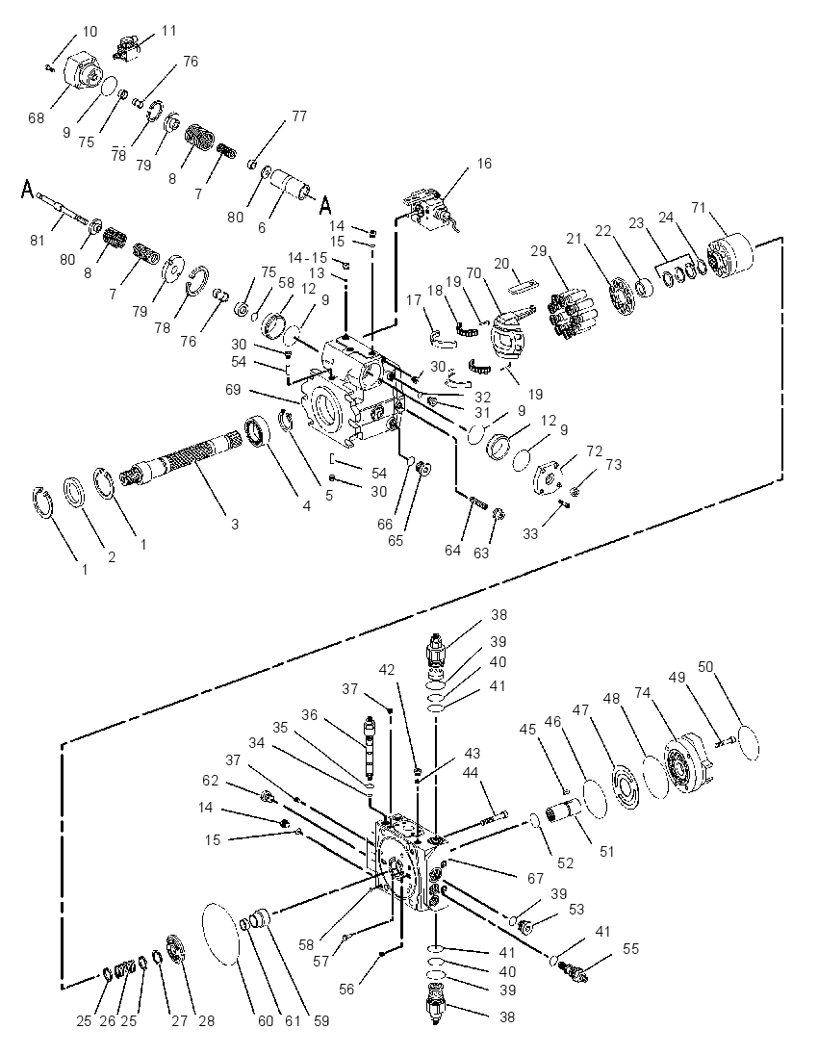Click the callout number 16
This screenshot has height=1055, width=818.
pos(484,164)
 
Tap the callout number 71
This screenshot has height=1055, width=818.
pos(699,207)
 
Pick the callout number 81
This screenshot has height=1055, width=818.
pos(38,241)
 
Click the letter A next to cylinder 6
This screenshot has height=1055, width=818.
pos(326,203)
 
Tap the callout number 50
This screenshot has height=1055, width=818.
pos(705,667)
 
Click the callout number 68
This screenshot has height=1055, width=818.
pos(37,117)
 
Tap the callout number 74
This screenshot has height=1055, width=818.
pos(643,692)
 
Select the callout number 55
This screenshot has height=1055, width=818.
pos(630,949)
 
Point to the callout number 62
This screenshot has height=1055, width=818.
pos(211,781)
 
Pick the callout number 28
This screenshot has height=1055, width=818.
pos(207,1020)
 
